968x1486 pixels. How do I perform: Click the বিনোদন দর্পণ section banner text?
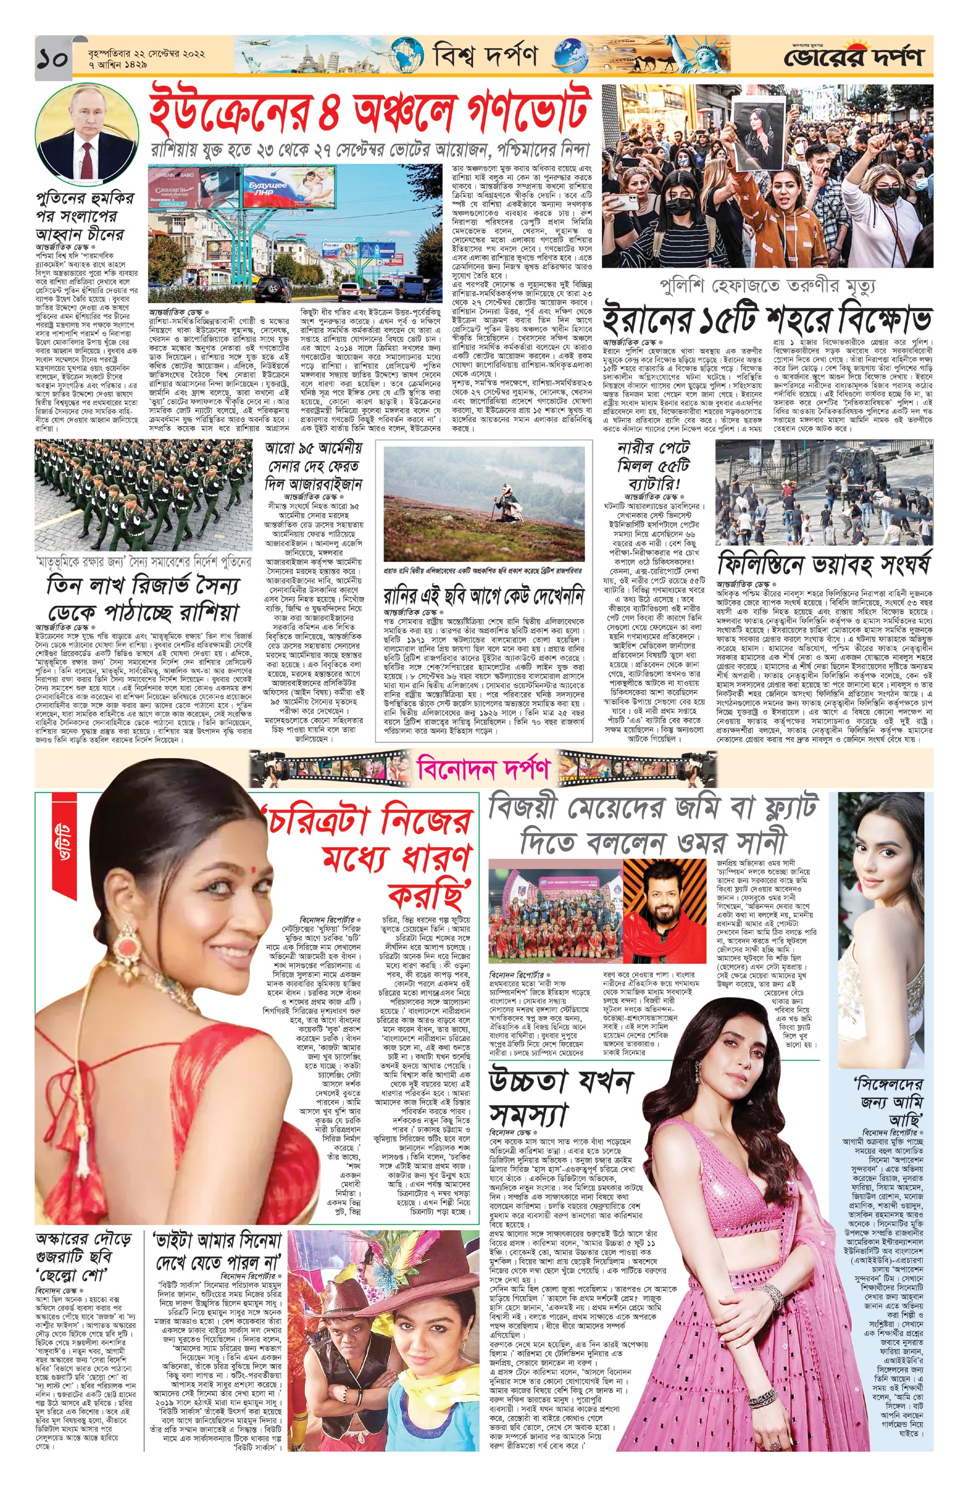coord(484,769)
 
